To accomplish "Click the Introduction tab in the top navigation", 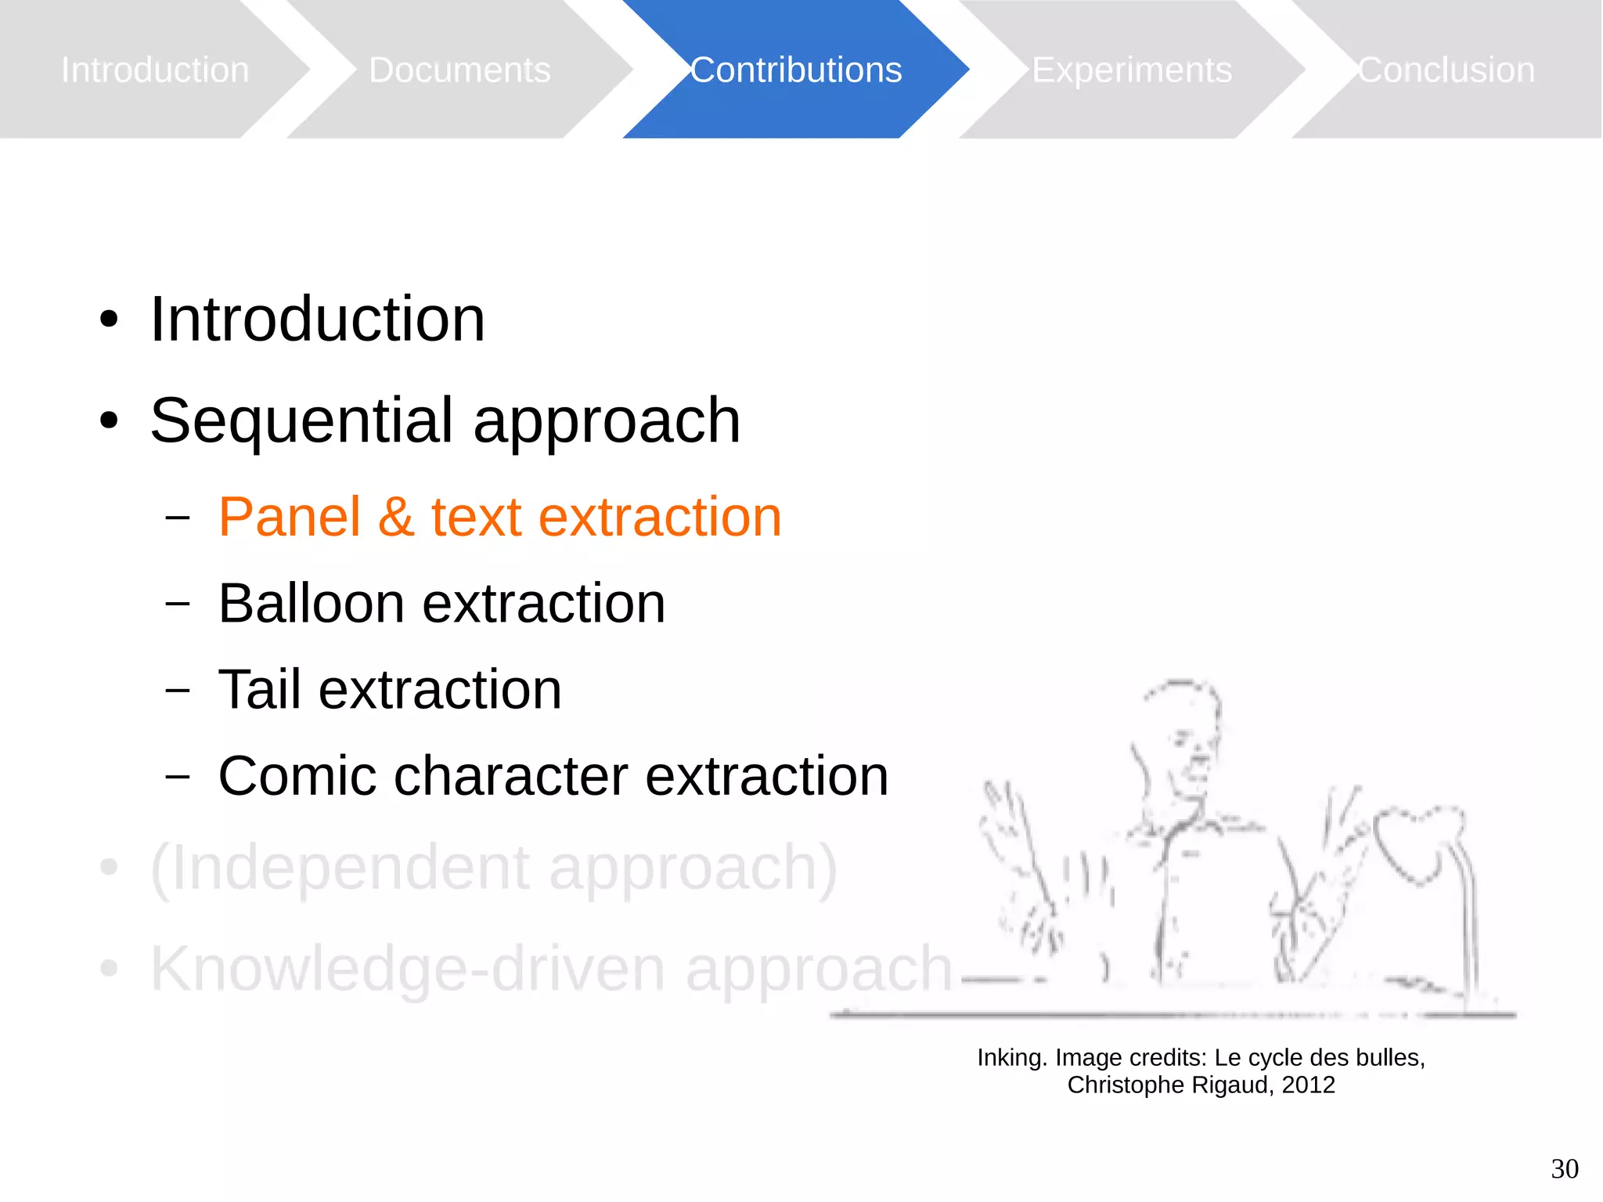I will [155, 70].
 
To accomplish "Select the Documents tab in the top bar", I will [459, 70].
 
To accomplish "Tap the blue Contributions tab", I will [795, 70].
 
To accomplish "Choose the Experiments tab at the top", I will [1131, 70].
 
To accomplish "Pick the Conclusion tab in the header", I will [1446, 70].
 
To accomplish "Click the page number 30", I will [1564, 1169].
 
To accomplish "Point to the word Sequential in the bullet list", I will [302, 421].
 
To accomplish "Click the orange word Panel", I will [290, 517].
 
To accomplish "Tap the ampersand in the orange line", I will [396, 517].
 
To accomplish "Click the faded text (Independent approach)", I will [493, 868].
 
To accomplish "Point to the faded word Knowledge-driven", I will [407, 969].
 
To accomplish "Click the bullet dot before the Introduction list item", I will [109, 319].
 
